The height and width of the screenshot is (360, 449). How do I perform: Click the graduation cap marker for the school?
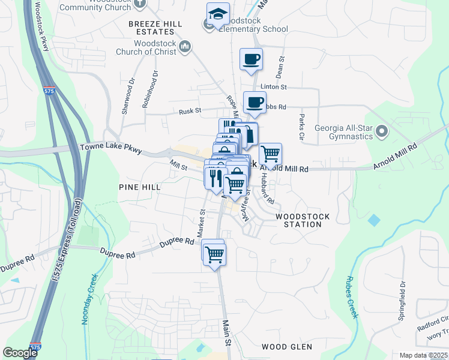point(218,14)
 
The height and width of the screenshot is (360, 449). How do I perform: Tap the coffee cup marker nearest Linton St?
point(252,59)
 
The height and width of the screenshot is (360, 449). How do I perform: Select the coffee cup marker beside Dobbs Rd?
point(255,103)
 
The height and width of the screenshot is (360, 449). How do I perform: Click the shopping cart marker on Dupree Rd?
point(214,254)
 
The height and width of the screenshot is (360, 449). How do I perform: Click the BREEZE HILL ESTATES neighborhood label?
point(154,27)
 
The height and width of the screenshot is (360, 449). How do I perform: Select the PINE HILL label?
point(139,187)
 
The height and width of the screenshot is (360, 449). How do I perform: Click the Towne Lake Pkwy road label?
point(112,148)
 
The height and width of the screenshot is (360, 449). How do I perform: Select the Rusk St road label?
point(190,111)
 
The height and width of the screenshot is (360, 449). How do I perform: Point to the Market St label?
point(202,223)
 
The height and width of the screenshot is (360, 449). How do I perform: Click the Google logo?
point(20,353)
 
